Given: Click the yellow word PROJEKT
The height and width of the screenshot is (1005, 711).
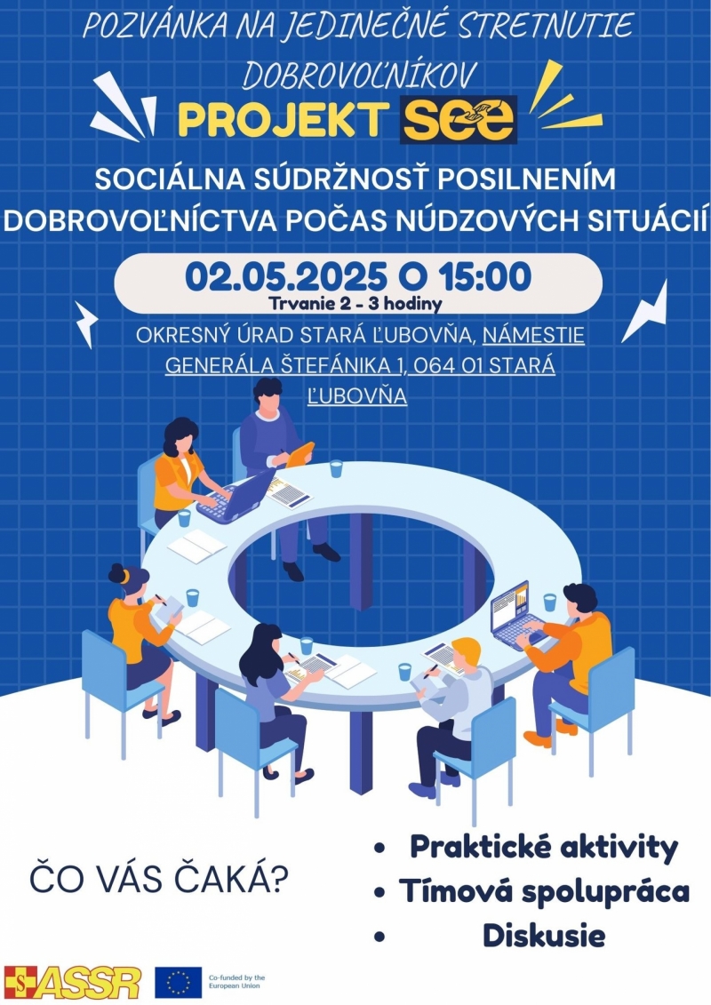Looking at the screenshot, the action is pyautogui.click(x=283, y=120).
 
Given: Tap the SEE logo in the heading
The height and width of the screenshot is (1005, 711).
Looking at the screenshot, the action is pyautogui.click(x=459, y=119).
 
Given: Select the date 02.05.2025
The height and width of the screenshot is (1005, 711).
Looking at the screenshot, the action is pyautogui.click(x=286, y=276).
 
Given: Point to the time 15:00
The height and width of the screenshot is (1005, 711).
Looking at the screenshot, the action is pyautogui.click(x=485, y=276).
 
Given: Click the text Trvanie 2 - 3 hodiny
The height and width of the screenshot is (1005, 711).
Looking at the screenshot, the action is pyautogui.click(x=355, y=303).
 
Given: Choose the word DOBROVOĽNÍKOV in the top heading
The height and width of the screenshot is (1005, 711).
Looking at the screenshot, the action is pyautogui.click(x=359, y=75).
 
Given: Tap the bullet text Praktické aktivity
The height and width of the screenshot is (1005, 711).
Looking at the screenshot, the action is pyautogui.click(x=544, y=847).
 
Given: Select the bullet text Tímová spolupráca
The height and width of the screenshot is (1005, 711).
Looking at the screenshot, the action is pyautogui.click(x=544, y=891).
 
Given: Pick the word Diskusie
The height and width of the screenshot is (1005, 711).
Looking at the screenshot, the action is pyautogui.click(x=544, y=935).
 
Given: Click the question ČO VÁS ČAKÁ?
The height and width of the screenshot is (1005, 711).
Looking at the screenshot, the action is pyautogui.click(x=159, y=879).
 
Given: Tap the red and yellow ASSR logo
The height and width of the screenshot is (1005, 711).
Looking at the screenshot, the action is pyautogui.click(x=73, y=983).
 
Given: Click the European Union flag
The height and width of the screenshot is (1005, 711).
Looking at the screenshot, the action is pyautogui.click(x=178, y=983).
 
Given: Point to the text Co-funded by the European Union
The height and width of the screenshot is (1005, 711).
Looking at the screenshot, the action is pyautogui.click(x=236, y=981).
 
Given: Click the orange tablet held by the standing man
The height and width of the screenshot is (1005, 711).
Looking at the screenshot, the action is pyautogui.click(x=300, y=454).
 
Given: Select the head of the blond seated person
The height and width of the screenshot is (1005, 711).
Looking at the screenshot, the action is pyautogui.click(x=466, y=654).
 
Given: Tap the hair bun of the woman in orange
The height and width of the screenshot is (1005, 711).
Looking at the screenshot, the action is pyautogui.click(x=116, y=573).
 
